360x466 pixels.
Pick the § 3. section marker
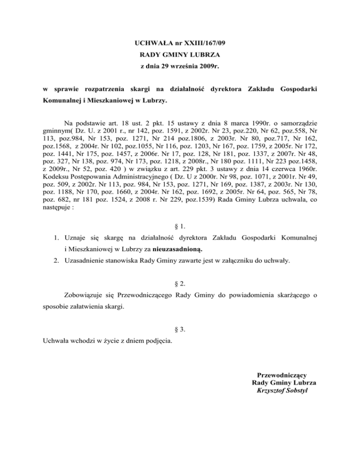click(180, 329)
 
